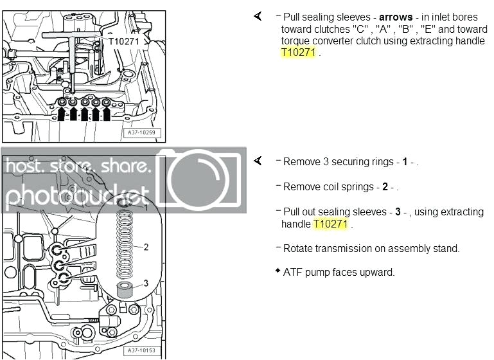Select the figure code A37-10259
point(145,134)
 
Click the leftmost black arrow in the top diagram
point(62,114)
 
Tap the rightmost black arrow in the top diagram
point(107,114)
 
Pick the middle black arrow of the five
point(84,114)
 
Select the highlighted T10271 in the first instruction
point(299,53)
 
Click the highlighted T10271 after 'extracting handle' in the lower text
point(330,224)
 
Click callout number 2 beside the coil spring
point(146,246)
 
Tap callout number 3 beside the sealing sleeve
point(146,283)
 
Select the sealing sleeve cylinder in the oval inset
point(125,288)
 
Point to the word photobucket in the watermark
point(77,194)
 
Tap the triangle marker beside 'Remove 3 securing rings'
point(258,161)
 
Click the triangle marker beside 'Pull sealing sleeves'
point(258,16)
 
